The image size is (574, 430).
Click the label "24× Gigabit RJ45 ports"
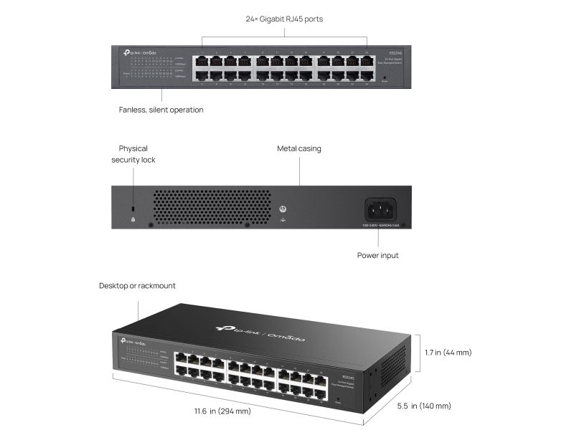tap(284, 19)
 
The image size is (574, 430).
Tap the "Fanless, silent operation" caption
tap(161, 110)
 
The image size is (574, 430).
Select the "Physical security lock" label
tap(133, 154)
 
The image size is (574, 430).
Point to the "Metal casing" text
tap(299, 148)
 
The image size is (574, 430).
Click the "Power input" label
tap(377, 255)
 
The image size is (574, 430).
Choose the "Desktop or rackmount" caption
tap(137, 285)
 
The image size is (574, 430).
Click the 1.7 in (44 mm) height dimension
tap(448, 352)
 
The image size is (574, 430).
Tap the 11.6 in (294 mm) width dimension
tap(222, 411)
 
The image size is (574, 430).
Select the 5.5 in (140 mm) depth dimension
tap(425, 406)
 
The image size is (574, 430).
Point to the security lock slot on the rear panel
tap(133, 209)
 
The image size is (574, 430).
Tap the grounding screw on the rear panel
tap(283, 210)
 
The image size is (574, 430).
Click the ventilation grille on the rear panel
tap(212, 208)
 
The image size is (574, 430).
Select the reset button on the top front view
tap(384, 77)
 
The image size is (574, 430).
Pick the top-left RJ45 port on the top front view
tap(202, 61)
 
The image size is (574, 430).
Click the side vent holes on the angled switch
tap(391, 373)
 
